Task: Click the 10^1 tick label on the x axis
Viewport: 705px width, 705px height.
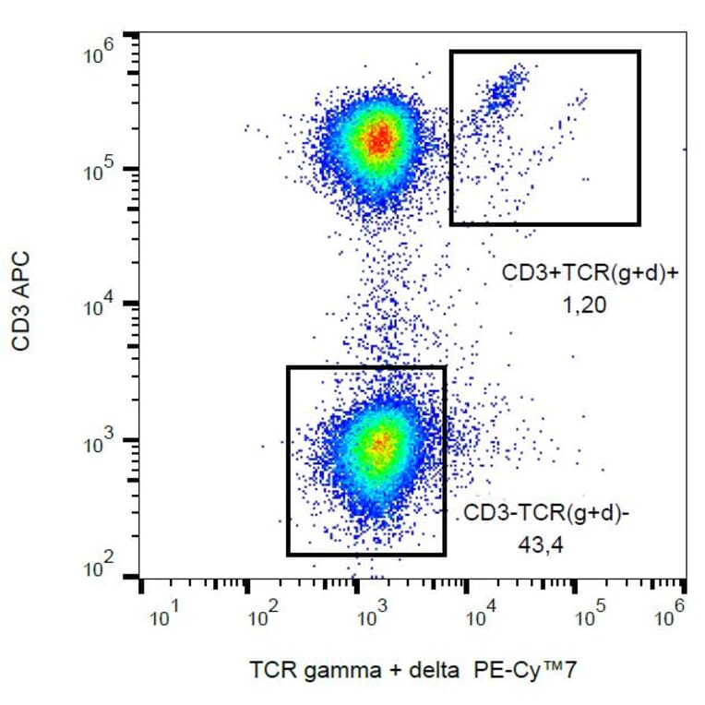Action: [162, 615]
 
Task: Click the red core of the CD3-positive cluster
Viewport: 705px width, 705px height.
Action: [379, 140]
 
